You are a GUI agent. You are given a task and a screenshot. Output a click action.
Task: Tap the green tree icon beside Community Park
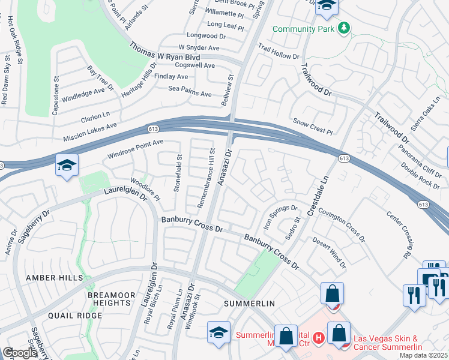coord(343,28)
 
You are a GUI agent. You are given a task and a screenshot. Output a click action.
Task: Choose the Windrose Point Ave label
coord(135,149)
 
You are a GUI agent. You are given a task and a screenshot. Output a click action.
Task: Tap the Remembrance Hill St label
coord(205,178)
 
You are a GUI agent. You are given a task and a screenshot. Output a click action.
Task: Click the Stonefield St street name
coord(178,173)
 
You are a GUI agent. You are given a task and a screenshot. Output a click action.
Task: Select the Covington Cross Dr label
coord(341,223)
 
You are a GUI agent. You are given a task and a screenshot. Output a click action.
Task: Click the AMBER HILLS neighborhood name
coord(49,278)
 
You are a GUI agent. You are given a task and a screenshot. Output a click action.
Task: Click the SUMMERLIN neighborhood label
coord(249,304)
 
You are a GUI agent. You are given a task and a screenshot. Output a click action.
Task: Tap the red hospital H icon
coord(319,338)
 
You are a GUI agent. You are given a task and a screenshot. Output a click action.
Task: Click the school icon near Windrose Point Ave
coord(67,165)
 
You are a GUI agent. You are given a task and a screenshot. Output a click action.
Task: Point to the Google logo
coord(20,353)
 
